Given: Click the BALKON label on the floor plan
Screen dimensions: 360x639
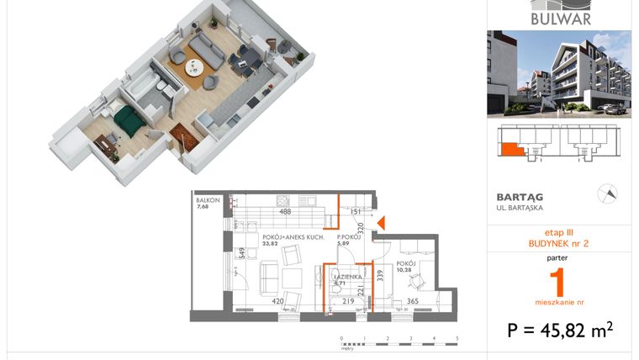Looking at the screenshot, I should [x=208, y=200].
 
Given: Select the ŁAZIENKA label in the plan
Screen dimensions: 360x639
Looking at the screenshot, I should [x=346, y=277].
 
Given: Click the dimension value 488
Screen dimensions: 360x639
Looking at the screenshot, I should [x=285, y=212].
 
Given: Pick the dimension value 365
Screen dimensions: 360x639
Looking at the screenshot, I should [x=412, y=300].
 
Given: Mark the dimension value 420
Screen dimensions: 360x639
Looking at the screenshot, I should [x=276, y=300].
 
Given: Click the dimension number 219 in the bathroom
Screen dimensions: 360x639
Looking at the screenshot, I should [x=348, y=300].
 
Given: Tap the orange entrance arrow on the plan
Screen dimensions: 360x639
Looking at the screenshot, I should [x=380, y=223].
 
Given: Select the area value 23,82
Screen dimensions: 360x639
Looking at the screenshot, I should [x=269, y=245].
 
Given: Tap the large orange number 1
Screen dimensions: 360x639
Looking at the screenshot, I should [x=558, y=278].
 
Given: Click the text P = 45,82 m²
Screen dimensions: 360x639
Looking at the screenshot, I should [x=558, y=330].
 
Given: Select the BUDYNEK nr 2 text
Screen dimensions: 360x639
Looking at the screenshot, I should [x=558, y=243].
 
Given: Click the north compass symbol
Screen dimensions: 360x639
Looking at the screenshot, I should [x=606, y=194].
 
